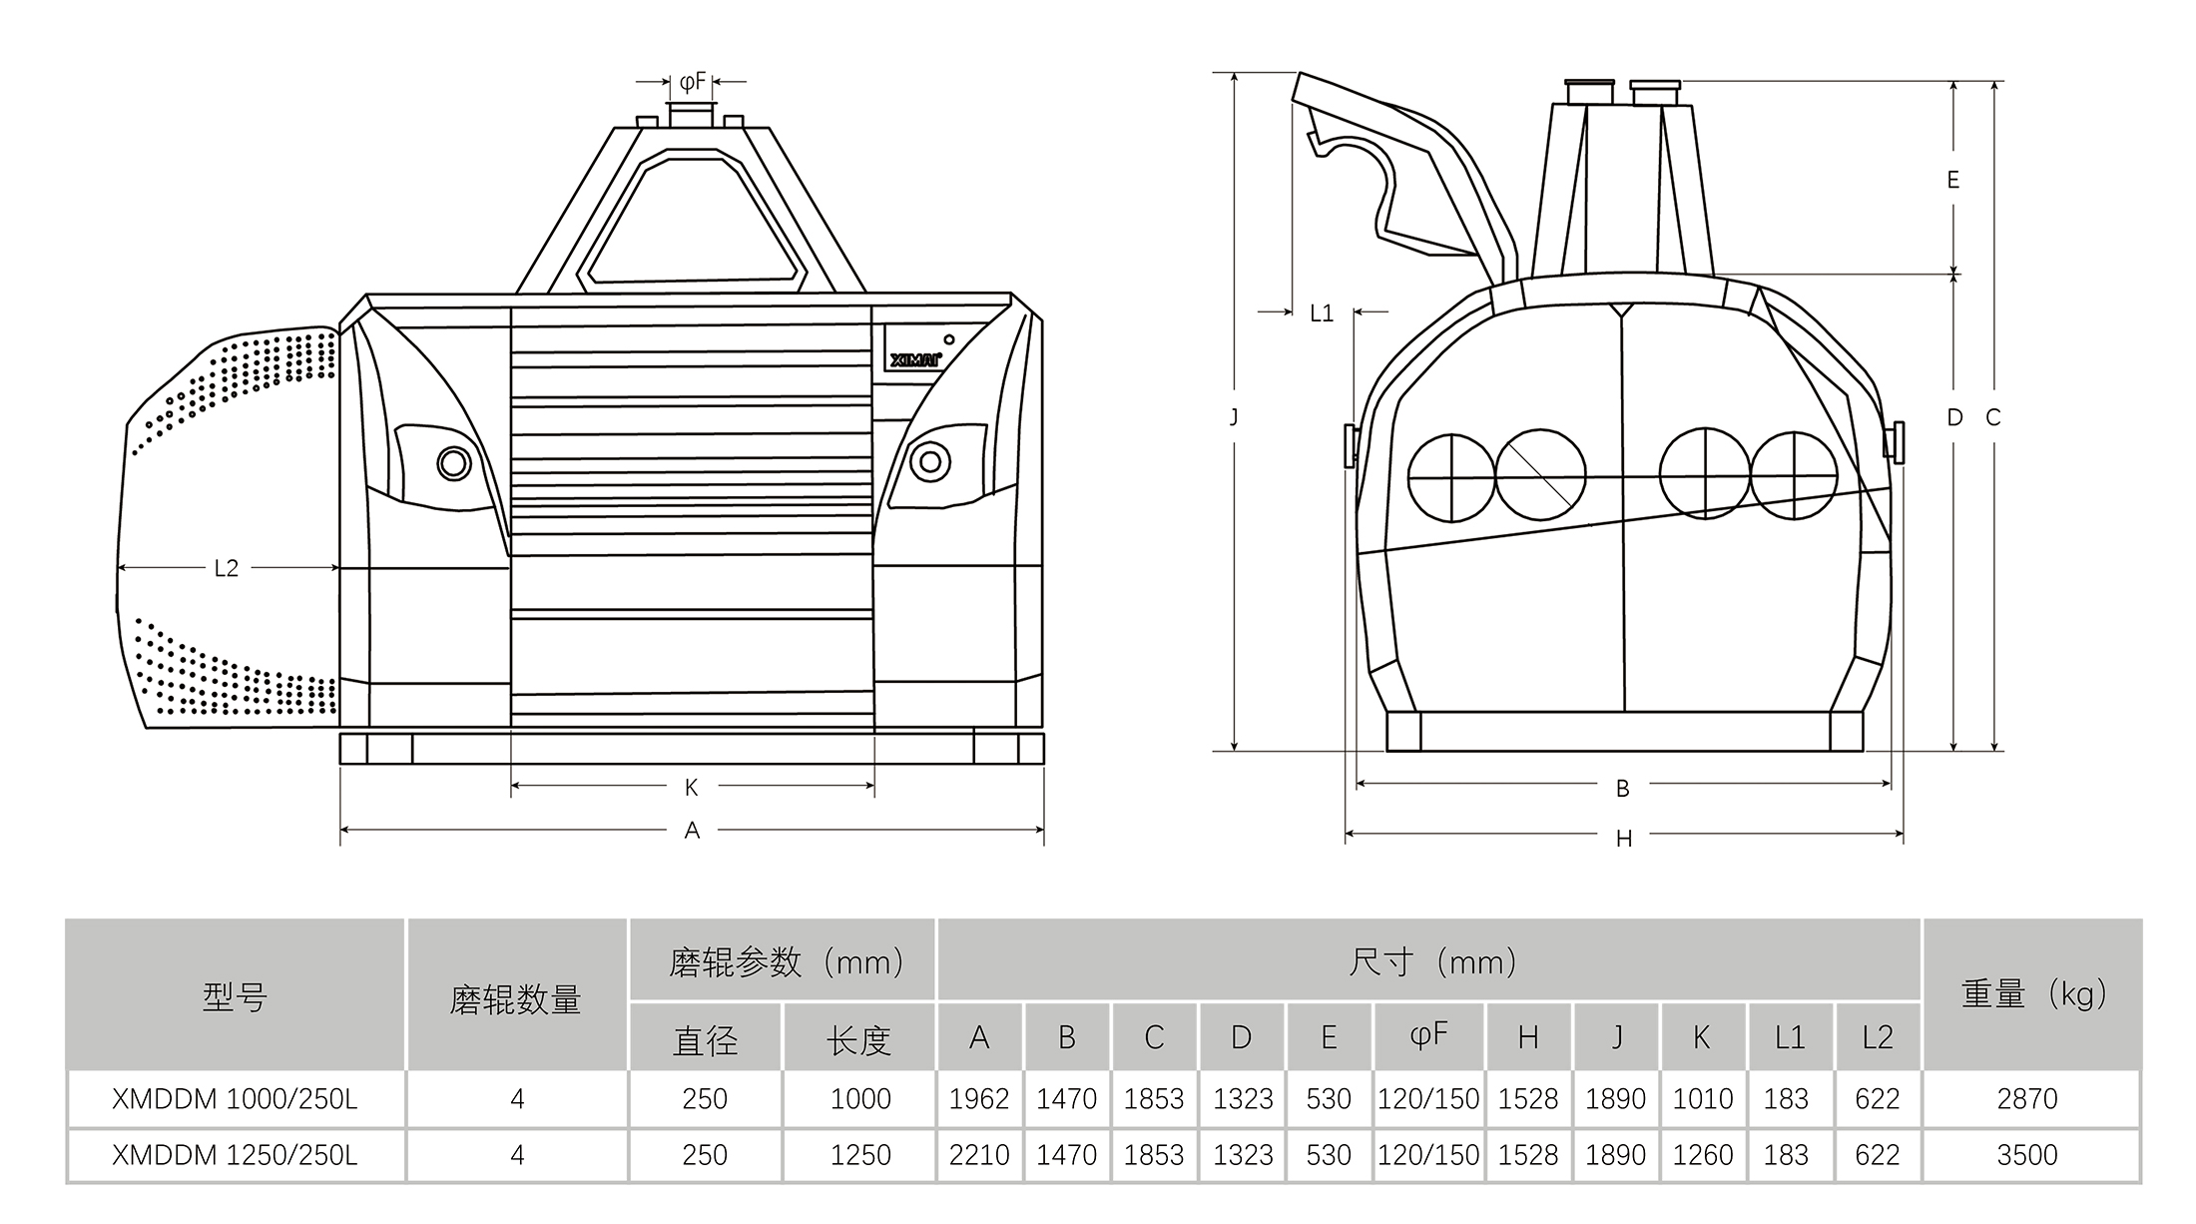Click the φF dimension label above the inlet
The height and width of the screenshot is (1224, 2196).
pyautogui.click(x=693, y=81)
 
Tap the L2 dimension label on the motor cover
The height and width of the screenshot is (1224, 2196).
pyautogui.click(x=227, y=568)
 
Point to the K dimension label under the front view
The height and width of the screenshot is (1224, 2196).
pyautogui.click(x=692, y=788)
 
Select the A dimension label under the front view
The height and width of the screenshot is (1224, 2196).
pyautogui.click(x=692, y=831)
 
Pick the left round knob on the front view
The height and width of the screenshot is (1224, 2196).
pyautogui.click(x=454, y=463)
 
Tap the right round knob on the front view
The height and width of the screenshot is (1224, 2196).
pyautogui.click(x=930, y=461)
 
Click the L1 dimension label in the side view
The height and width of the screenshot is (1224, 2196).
pyautogui.click(x=1322, y=313)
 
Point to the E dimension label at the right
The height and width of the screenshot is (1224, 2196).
pyautogui.click(x=1953, y=180)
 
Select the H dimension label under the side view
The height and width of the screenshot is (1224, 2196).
pyautogui.click(x=1624, y=840)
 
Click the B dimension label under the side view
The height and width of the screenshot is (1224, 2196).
pyautogui.click(x=1623, y=789)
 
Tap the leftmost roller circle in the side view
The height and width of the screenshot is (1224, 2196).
pyautogui.click(x=1452, y=478)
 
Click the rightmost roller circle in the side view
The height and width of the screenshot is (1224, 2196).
pyautogui.click(x=1794, y=476)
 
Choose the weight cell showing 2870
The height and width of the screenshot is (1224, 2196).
pyautogui.click(x=2027, y=1099)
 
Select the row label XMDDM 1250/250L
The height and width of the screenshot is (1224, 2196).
pyautogui.click(x=235, y=1155)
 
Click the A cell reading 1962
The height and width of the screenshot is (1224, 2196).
pyautogui.click(x=979, y=1099)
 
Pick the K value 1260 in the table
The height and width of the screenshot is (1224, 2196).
pyautogui.click(x=1703, y=1155)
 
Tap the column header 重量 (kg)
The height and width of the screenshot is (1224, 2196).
pyautogui.click(x=2034, y=994)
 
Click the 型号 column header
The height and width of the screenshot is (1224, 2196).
pyautogui.click(x=235, y=996)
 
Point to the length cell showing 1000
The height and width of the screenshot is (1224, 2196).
pyautogui.click(x=860, y=1099)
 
